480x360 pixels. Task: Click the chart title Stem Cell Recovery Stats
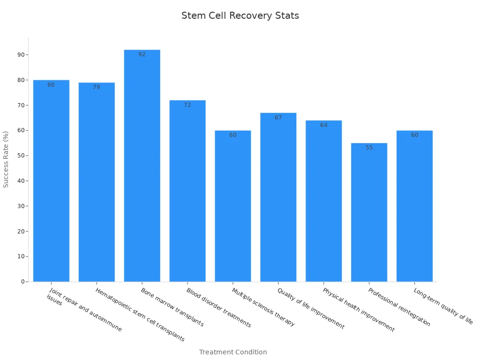[240, 15]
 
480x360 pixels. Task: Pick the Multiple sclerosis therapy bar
[233, 206]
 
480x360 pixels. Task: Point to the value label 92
[142, 54]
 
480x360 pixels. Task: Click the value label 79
[97, 87]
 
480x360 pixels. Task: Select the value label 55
[369, 148]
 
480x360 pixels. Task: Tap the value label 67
[278, 118]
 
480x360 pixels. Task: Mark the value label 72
[187, 105]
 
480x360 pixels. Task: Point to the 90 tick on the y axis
[21, 55]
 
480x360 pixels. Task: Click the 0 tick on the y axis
[22, 282]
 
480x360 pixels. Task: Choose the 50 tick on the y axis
[21, 156]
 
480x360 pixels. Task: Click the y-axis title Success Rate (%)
[6, 159]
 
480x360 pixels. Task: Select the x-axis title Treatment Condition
[233, 352]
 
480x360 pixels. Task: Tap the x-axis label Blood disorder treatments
[218, 307]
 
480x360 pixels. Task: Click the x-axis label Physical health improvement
[358, 310]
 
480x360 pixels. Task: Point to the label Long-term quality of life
[443, 306]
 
